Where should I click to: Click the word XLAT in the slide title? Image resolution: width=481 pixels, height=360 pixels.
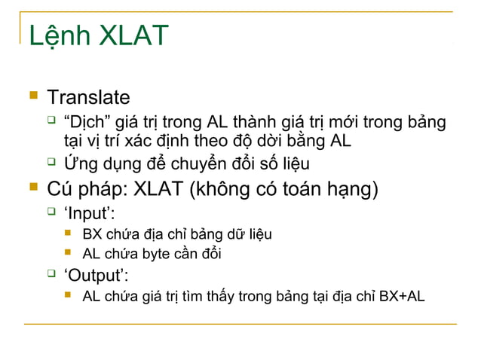coord(133,36)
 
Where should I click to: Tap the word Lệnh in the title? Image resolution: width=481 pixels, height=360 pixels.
coord(60,36)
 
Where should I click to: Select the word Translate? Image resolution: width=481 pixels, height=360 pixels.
coord(88,98)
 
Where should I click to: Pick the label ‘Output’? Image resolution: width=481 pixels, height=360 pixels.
coord(94,273)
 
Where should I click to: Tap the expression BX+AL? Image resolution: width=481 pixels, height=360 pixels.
coord(401,296)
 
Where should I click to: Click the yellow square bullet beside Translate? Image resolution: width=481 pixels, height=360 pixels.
coord(32,96)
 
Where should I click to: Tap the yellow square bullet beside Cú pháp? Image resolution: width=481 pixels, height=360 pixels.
coord(32,187)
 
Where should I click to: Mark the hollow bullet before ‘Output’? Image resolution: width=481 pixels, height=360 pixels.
coord(51,272)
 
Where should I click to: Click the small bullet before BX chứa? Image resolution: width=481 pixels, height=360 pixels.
coord(68,233)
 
